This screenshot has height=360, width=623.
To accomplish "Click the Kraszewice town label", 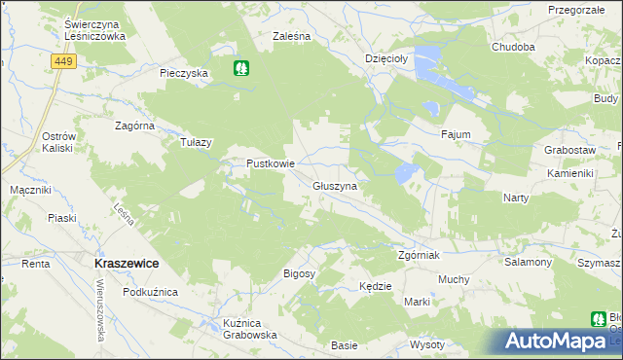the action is coord(127,264).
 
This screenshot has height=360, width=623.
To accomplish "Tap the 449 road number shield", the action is coord(63,61).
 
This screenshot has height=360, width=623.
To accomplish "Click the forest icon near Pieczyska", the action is coord(241,68).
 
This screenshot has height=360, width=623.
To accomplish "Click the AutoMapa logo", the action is coord(559,342).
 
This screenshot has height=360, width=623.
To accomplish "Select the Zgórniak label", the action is coord(421,256).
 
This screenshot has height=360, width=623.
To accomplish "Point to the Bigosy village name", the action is coord(300,274).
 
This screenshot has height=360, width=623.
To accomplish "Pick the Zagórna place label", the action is coord(135,126).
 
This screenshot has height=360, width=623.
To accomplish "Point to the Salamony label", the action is coord(528,263).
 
